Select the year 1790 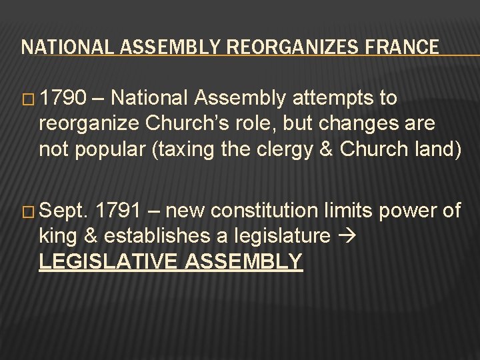(62, 99)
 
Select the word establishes (158, 236)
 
